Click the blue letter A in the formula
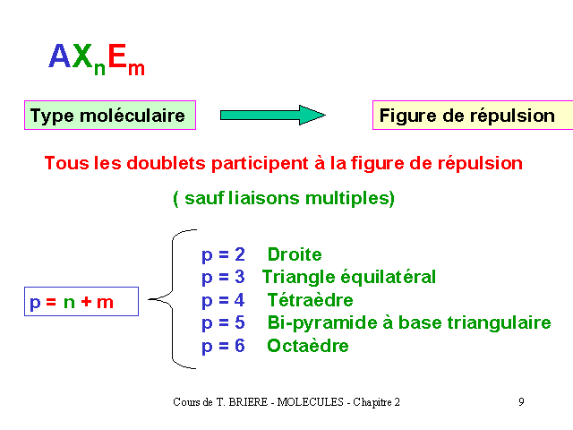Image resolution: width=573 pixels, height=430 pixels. tap(60, 56)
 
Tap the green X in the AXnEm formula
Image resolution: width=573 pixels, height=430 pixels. tap(82, 56)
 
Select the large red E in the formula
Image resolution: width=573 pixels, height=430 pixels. tap(117, 56)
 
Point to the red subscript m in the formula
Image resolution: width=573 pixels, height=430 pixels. tap(136, 69)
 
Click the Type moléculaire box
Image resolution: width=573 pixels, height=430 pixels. tap(110, 116)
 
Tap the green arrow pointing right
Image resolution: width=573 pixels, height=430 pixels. tap(272, 116)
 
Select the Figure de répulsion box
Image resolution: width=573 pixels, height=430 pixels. tap(473, 116)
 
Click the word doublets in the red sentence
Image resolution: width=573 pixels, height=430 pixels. tap(166, 163)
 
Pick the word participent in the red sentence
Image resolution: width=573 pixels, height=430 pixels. tap(260, 164)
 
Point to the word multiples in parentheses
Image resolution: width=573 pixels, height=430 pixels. tap(347, 199)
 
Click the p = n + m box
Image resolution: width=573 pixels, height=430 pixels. tap(81, 302)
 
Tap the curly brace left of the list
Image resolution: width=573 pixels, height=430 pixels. tap(173, 299)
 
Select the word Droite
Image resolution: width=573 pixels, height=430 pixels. tap(295, 254)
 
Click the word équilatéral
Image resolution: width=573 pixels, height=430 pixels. tap(388, 278)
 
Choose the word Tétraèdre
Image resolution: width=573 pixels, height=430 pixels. tap(311, 300)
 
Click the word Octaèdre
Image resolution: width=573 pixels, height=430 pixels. tap(308, 346)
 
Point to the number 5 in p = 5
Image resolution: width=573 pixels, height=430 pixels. tap(240, 322)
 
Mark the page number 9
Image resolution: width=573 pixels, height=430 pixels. tap(521, 402)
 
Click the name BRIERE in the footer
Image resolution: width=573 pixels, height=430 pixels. tap(248, 402)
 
